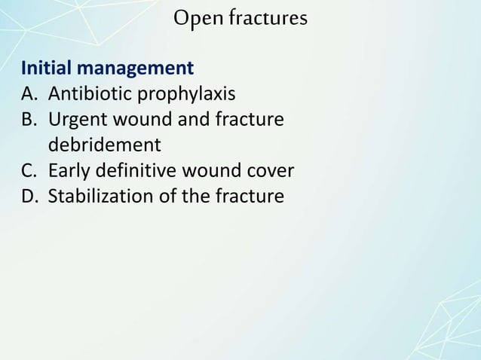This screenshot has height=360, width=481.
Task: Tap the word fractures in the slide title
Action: point(263,17)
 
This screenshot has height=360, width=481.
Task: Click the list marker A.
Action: point(29,95)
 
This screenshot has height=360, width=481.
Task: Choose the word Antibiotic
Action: point(87,95)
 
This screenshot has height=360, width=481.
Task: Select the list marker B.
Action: point(29,120)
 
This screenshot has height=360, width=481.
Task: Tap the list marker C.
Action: point(29,171)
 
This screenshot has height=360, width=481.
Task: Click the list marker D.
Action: point(29,197)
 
